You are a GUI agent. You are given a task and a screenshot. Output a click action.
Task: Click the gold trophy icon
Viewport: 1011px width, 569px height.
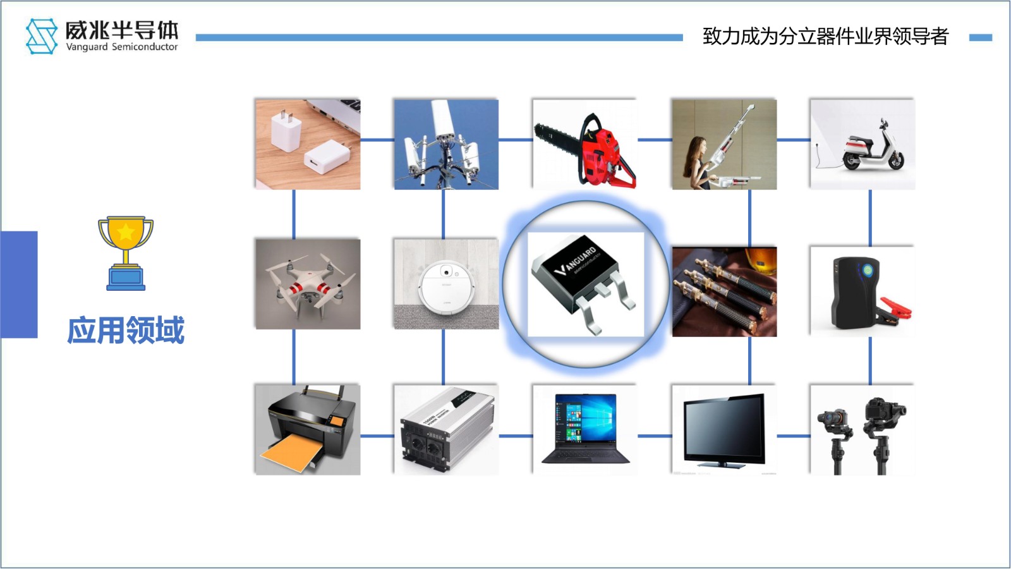point(126,252)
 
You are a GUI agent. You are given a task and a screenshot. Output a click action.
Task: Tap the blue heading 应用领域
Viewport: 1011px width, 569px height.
point(126,331)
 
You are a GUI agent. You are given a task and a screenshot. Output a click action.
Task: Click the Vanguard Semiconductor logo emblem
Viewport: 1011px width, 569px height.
point(42,36)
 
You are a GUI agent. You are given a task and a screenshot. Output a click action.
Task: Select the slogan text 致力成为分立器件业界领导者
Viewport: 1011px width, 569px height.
point(825,37)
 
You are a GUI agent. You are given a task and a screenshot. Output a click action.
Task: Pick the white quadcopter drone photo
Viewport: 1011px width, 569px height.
point(308,284)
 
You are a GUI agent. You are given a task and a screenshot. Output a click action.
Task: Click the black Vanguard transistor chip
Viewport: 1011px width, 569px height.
point(585,284)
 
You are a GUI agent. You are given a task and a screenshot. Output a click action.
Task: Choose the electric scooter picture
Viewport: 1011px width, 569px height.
point(863,144)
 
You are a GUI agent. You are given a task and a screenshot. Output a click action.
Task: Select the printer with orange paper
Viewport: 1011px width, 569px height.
point(308,429)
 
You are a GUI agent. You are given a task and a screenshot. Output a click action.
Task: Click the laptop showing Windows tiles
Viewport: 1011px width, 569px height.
point(585,429)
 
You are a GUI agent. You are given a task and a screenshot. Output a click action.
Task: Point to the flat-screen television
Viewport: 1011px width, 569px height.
point(724,429)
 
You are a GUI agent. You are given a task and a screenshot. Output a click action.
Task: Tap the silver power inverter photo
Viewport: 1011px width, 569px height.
point(446,429)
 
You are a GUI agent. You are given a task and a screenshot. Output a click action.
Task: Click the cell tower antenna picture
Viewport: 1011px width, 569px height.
point(446,144)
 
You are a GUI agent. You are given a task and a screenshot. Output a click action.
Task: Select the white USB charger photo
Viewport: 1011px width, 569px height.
point(308,144)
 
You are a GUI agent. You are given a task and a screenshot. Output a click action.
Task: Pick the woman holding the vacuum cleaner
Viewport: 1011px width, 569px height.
point(724,144)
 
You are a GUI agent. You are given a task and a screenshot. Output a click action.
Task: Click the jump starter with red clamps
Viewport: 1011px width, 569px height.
point(863,291)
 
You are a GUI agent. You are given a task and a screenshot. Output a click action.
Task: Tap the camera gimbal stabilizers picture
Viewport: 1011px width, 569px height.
point(863,429)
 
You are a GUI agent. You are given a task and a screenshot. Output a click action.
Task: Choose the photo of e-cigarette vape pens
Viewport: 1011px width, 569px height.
point(724,291)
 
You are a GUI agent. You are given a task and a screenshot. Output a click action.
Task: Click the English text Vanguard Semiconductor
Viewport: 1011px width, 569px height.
point(122,47)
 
